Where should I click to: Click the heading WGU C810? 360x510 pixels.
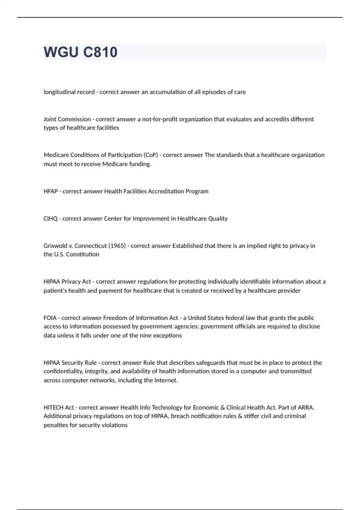pyautogui.click(x=80, y=52)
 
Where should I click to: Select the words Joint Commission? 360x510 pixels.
pyautogui.click(x=67, y=119)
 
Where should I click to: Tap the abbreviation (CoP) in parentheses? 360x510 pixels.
pyautogui.click(x=151, y=155)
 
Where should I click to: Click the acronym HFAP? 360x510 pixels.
pyautogui.click(x=50, y=191)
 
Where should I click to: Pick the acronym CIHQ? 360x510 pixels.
pyautogui.click(x=50, y=219)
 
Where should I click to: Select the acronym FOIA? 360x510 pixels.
pyautogui.click(x=50, y=318)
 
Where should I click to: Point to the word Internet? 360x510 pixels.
pyautogui.click(x=166, y=380)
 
